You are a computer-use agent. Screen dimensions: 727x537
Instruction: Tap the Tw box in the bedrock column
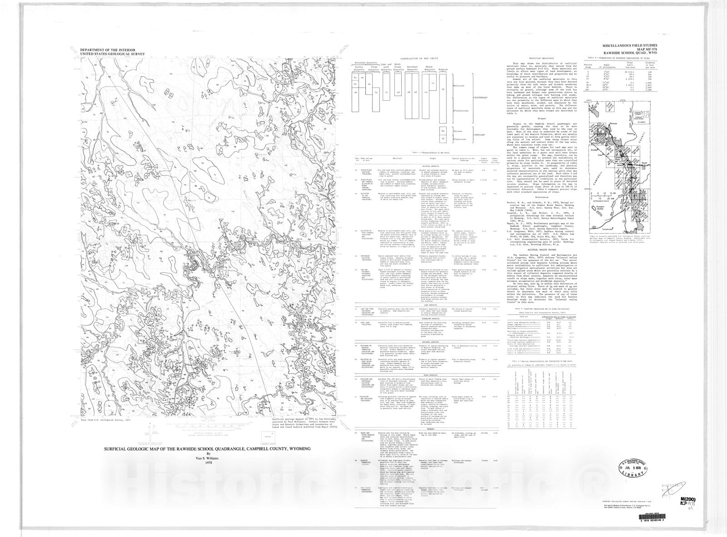[x=443, y=131]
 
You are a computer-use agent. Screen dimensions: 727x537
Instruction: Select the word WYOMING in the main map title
[x=299, y=448]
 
